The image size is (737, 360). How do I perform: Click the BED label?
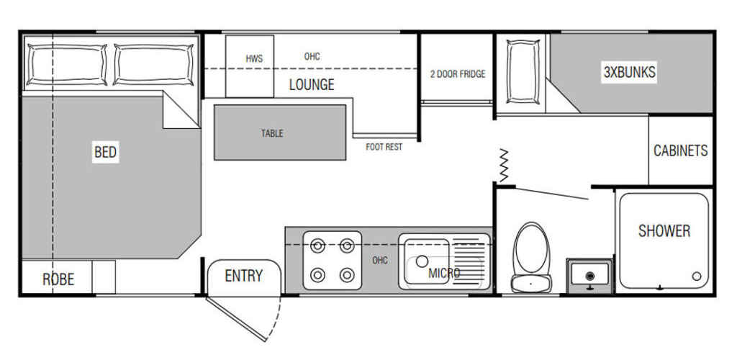point(105,152)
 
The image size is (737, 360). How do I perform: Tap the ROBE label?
point(58,279)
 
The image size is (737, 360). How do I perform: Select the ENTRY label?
point(243,276)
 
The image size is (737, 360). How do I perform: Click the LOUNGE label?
point(312,84)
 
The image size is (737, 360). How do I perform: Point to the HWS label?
point(254,59)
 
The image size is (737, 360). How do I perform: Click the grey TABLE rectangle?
point(280,132)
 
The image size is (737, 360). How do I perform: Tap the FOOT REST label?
point(384,147)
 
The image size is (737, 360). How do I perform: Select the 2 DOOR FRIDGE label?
point(458,73)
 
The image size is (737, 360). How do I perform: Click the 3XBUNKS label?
point(629,73)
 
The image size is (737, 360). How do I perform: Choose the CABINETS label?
point(681,150)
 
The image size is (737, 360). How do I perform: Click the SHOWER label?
point(664,230)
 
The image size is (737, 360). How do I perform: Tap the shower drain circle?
point(697,276)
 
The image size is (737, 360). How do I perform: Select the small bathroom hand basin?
point(590,276)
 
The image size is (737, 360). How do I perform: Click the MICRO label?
point(444,273)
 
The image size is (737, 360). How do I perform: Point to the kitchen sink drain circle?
point(422,261)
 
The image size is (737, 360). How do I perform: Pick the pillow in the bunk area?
point(523,71)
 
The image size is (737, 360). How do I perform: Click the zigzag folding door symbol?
point(503,166)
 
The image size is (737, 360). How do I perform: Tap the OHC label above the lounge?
point(312,56)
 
